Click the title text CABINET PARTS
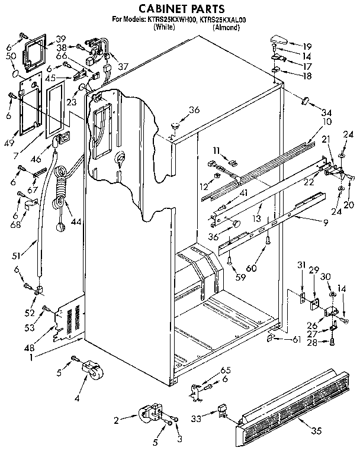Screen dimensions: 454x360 pyautogui.click(x=181, y=8)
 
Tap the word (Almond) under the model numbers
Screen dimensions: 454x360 pyautogui.click(x=227, y=27)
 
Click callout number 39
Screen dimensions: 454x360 pyautogui.click(x=61, y=38)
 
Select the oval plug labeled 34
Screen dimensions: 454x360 pyautogui.click(x=306, y=100)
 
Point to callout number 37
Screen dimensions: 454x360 pyautogui.click(x=123, y=66)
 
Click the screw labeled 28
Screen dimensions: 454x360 pyautogui.click(x=333, y=341)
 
